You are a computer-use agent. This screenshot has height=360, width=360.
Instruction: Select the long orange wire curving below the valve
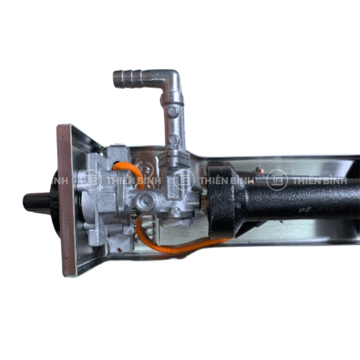point(175,245)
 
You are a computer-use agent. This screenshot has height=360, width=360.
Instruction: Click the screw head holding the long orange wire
point(133,216)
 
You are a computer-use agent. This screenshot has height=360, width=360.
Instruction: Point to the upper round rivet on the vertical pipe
point(173,112)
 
